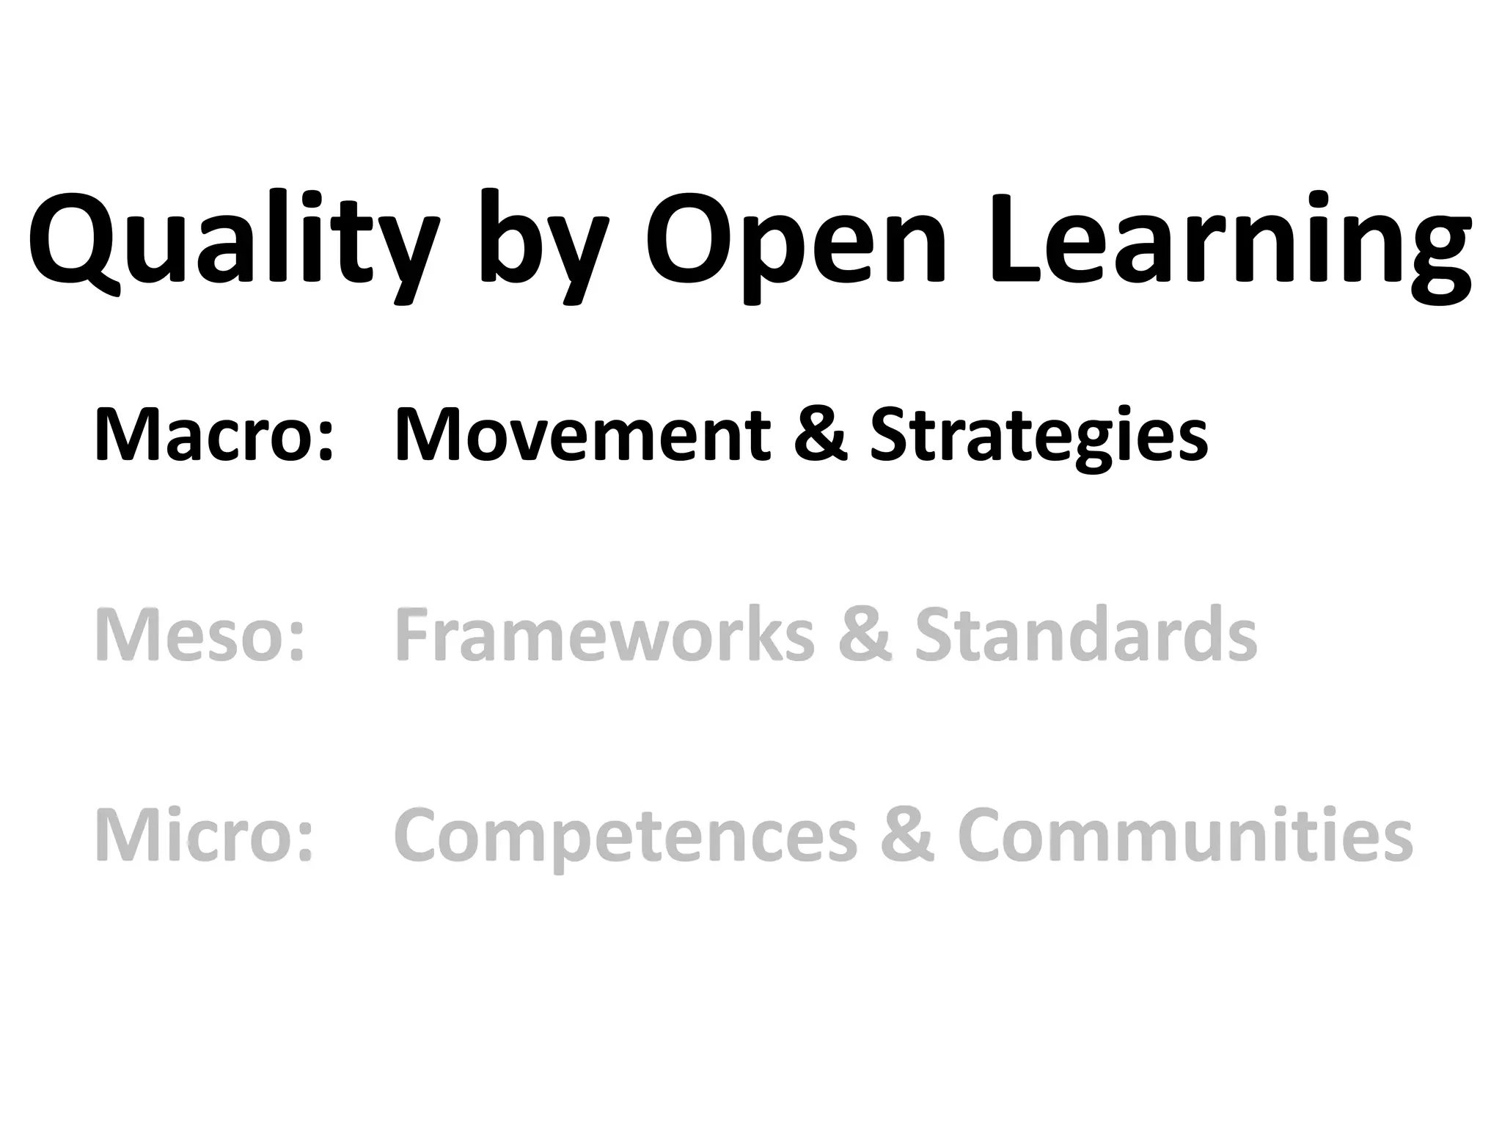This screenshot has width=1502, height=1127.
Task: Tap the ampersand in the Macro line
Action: point(821,436)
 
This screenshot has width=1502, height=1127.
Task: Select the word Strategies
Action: point(1038,440)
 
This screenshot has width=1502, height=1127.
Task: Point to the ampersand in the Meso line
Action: point(865,635)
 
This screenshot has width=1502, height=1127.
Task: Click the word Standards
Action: point(1086,635)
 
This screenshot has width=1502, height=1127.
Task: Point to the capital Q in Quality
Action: point(74,242)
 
